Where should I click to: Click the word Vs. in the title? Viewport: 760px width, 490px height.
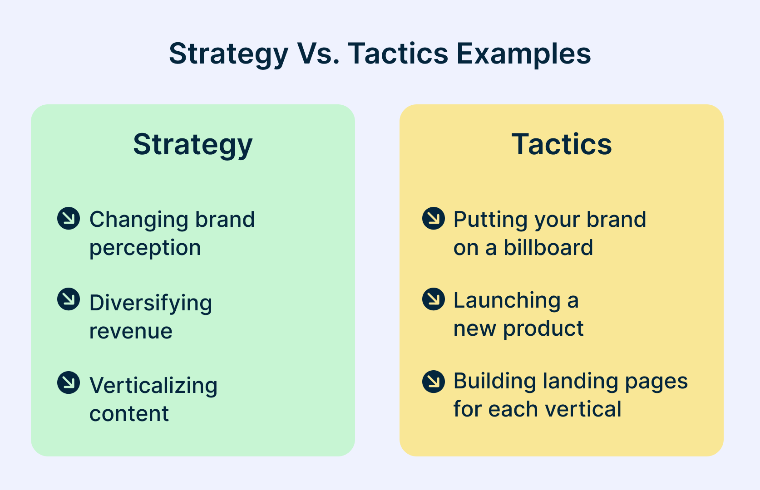click(x=318, y=54)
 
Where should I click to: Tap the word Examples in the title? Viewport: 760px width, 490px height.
click(x=523, y=54)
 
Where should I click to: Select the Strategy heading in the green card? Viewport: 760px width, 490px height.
click(x=192, y=145)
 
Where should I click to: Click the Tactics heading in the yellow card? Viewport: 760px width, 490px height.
click(x=562, y=144)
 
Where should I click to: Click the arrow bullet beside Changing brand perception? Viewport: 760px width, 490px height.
click(x=69, y=218)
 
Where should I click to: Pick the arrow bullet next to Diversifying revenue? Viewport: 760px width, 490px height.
click(x=69, y=299)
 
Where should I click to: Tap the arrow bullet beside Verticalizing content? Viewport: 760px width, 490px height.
click(x=69, y=382)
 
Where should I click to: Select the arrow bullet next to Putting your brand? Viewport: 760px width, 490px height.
click(x=434, y=218)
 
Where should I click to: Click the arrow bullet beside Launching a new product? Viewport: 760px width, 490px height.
click(x=434, y=299)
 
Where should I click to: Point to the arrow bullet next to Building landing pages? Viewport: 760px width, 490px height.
click(x=434, y=382)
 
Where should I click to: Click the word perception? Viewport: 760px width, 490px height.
click(x=145, y=249)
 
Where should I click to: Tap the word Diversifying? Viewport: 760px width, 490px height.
click(x=151, y=304)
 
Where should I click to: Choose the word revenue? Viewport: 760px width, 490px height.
click(x=131, y=332)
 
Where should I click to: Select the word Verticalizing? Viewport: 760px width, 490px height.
click(x=153, y=386)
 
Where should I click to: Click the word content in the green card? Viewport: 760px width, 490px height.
click(x=129, y=414)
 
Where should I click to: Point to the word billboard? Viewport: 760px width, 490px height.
click(x=548, y=247)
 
